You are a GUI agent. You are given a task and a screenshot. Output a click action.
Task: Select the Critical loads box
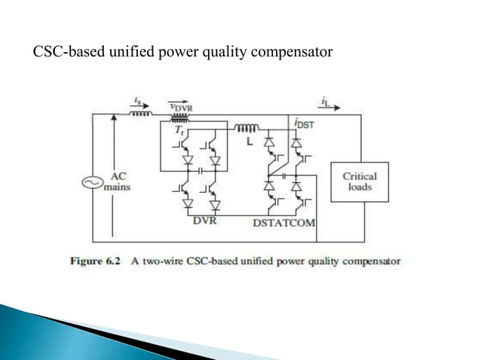359,181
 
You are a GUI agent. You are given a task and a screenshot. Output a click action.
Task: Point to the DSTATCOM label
283,224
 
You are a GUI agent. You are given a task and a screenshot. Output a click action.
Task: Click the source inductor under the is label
142,115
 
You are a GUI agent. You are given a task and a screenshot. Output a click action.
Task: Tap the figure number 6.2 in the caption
124,261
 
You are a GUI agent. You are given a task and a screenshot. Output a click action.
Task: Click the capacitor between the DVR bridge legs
201,171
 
